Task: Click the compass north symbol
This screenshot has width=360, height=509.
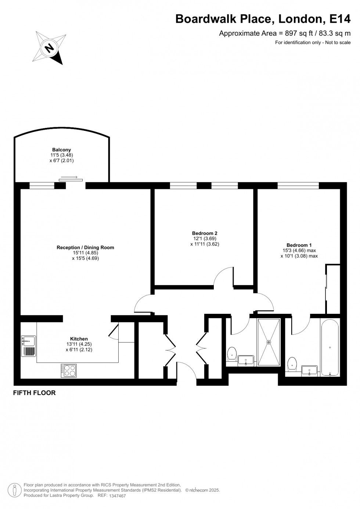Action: point(49,48)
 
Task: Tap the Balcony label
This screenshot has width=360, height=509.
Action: point(61,150)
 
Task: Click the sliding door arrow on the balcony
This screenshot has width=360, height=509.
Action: point(69,178)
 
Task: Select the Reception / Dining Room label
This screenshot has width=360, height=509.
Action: point(85,247)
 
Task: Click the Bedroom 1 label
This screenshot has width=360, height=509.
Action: point(299,245)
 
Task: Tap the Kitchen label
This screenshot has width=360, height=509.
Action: point(79,339)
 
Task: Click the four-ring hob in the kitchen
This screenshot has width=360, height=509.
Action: point(69,370)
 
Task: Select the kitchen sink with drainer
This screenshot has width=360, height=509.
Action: point(28,346)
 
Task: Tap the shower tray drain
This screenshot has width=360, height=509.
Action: point(269,342)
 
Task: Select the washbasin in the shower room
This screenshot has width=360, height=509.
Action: point(246,360)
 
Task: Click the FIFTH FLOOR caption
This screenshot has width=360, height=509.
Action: point(34,393)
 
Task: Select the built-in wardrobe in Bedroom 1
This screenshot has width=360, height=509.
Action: point(333,288)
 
